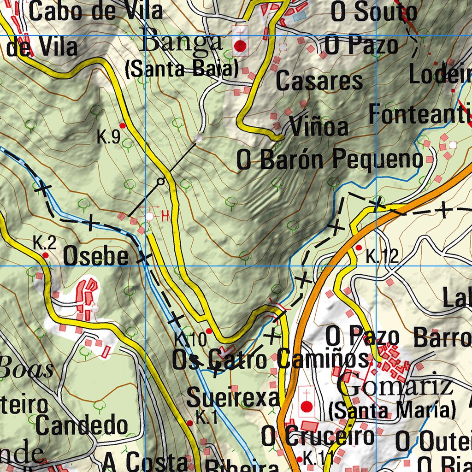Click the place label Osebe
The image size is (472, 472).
click(96, 256)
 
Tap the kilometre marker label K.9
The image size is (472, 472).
click(109, 138)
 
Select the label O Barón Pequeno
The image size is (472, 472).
click(330, 160)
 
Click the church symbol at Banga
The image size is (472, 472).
click(240, 45)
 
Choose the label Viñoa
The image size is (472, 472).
click(319, 127)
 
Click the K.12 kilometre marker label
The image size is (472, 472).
click(382, 256)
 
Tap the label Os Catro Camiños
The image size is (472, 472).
click(271, 360)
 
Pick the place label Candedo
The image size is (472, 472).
click(82, 425)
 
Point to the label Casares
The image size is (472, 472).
click(319, 82)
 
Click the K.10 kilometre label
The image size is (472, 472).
click(190, 340)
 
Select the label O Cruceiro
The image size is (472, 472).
click(318, 436)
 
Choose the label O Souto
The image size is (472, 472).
click(374, 12)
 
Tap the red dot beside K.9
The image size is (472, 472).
click(123, 125)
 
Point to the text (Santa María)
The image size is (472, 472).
click(393, 409)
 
